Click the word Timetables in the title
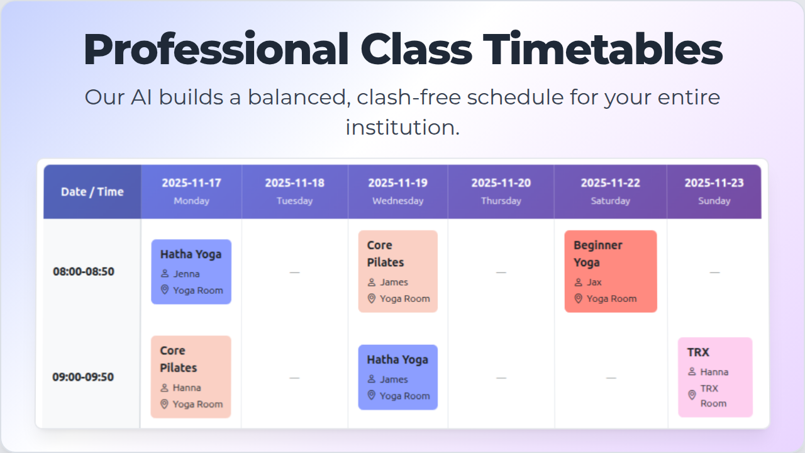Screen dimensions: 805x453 tap(602, 49)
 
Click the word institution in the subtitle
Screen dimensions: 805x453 tap(402, 127)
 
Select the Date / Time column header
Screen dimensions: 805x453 tap(92, 192)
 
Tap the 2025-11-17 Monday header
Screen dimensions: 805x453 tap(192, 192)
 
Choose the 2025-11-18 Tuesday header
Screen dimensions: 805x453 tap(295, 192)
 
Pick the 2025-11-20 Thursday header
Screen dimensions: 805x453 tap(501, 192)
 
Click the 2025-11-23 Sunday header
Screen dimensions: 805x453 tap(714, 192)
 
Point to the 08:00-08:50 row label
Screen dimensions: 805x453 tap(84, 271)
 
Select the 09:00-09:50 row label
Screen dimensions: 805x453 tap(83, 377)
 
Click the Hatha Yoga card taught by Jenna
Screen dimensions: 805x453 tap(191, 272)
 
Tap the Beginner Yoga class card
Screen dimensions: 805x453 tap(611, 271)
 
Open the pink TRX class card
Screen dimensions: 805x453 tap(715, 377)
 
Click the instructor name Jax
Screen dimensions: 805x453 tap(594, 282)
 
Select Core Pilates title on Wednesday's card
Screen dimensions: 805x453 tap(386, 254)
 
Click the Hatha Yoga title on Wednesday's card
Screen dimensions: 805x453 tap(397, 360)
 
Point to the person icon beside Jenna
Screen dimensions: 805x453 tap(165, 274)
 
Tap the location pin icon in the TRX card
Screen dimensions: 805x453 tap(692, 394)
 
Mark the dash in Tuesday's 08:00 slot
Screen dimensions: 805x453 tap(295, 272)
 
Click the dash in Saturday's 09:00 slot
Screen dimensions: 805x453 tap(611, 378)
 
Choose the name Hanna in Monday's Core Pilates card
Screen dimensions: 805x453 tap(187, 388)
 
